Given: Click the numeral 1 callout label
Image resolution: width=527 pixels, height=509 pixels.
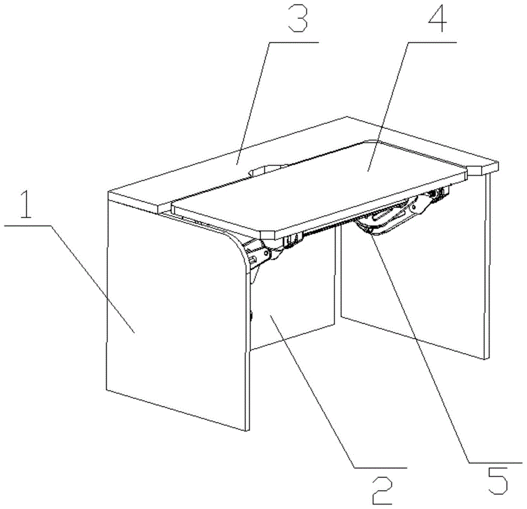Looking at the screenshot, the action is point(25,204).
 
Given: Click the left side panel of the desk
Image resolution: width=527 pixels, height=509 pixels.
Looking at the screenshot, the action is point(178,312).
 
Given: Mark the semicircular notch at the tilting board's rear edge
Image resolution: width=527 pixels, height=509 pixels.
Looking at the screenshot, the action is point(268,169).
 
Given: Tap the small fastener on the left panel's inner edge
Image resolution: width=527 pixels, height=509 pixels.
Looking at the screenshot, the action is point(251,316).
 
